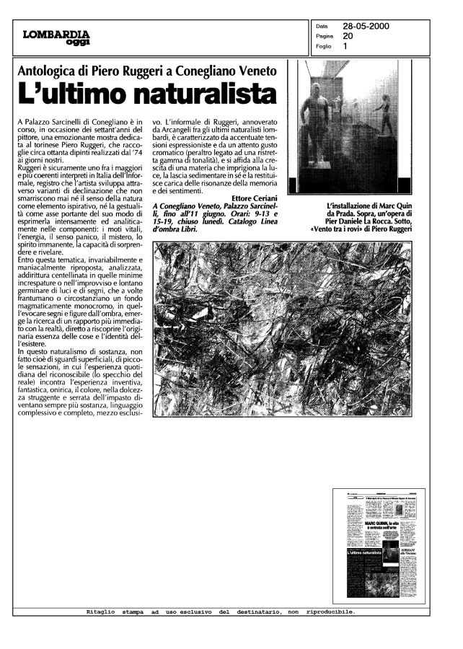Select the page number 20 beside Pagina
click(x=348, y=35)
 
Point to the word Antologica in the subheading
click(x=53, y=71)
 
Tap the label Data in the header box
click(x=322, y=26)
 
